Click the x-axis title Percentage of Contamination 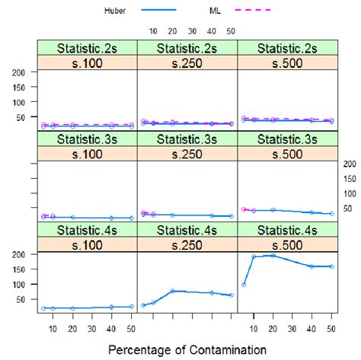click(x=187, y=349)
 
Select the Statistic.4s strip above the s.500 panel click(x=288, y=231)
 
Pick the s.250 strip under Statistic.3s click(x=187, y=153)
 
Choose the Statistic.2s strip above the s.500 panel click(x=288, y=48)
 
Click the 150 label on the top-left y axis click(x=21, y=87)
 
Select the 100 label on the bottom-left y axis click(x=21, y=285)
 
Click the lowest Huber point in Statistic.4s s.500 click(x=243, y=285)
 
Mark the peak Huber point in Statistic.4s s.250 click(x=173, y=291)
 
